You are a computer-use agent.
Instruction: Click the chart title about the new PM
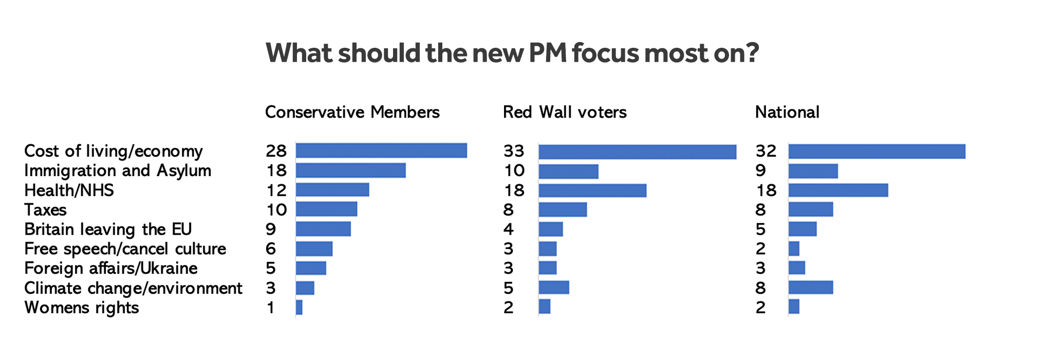[512, 53]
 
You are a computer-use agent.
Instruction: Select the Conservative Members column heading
[352, 112]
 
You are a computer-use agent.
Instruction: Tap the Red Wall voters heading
[565, 112]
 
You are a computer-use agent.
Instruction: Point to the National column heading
[787, 112]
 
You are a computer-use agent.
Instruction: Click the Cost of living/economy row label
[114, 151]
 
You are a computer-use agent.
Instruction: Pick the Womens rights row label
[82, 308]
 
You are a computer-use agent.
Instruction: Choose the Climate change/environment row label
[133, 288]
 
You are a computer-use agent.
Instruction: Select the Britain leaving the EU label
[108, 229]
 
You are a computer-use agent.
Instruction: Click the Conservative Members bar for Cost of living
[381, 151]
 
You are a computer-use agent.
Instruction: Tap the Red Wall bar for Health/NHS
[592, 191]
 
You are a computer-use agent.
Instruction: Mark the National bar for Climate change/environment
[811, 288]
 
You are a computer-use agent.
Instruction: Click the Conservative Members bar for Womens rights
[299, 308]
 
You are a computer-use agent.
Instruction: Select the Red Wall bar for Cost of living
[637, 152]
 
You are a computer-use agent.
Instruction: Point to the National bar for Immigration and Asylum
[813, 171]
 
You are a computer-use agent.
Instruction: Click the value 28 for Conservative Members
[276, 151]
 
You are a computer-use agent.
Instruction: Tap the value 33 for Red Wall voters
[514, 151]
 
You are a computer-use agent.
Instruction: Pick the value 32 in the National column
[766, 151]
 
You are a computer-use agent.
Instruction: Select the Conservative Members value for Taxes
[276, 210]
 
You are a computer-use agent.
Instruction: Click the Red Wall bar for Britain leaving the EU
[551, 229]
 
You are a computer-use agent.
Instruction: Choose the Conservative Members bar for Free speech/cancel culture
[314, 249]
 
